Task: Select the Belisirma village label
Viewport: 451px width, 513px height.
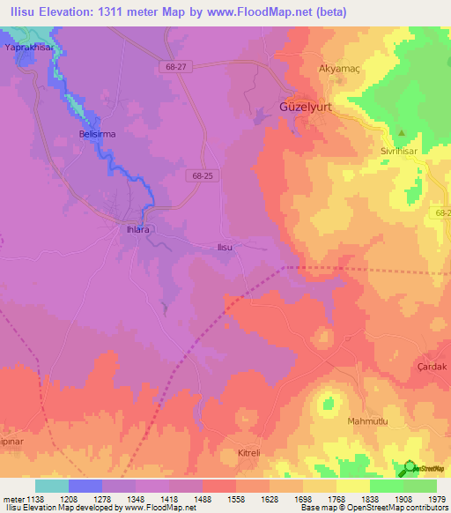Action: point(97,136)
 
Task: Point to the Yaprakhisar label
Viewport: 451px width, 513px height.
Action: point(24,48)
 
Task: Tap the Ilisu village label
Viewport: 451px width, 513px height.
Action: point(225,248)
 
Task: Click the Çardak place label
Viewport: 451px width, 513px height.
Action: point(433,366)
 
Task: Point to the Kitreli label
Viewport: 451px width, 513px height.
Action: point(251,453)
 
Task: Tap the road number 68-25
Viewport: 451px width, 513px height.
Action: point(202,175)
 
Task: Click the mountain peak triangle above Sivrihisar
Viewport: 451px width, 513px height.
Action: point(402,133)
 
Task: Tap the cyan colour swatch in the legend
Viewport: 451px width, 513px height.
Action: point(51,486)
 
